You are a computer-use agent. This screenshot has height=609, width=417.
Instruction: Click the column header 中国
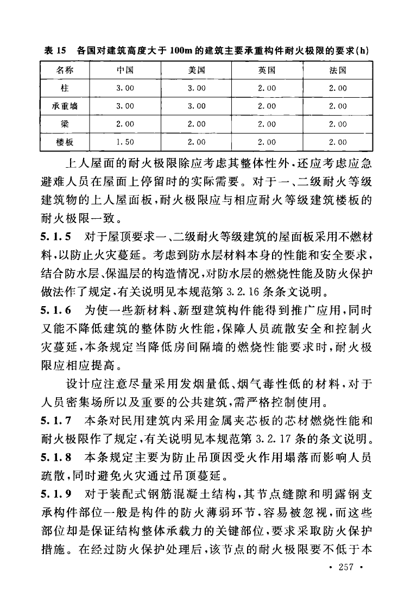[x=125, y=71]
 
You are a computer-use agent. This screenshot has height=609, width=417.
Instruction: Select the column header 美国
[x=196, y=71]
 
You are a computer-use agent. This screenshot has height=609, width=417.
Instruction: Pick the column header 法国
[x=338, y=71]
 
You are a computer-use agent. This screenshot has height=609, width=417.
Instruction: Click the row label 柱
[x=65, y=88]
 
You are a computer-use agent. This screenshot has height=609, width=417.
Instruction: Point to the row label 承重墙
[x=65, y=106]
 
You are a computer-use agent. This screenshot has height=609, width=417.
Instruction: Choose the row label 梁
[x=65, y=124]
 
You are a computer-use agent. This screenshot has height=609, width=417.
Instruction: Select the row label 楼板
[x=65, y=142]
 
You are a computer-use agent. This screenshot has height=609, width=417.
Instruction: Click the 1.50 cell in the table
[x=125, y=142]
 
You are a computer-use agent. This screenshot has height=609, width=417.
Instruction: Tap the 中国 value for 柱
[x=125, y=88]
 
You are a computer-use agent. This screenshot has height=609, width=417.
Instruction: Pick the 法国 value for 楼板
[x=338, y=142]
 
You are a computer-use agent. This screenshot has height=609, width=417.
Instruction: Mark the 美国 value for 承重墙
[x=196, y=106]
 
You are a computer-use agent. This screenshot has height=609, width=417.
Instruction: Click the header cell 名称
[x=65, y=71]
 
